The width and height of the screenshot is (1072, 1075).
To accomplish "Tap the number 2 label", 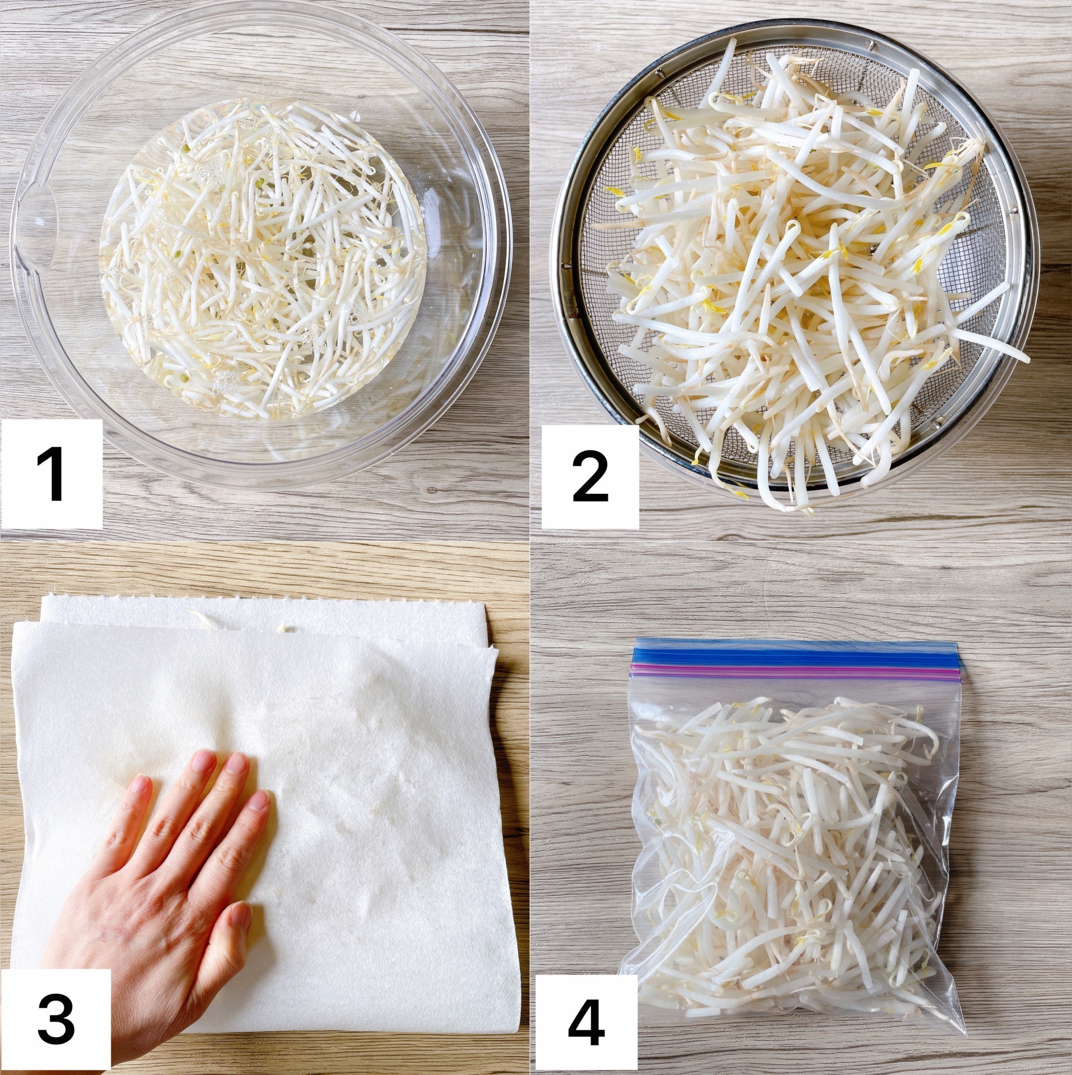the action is point(591,476).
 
